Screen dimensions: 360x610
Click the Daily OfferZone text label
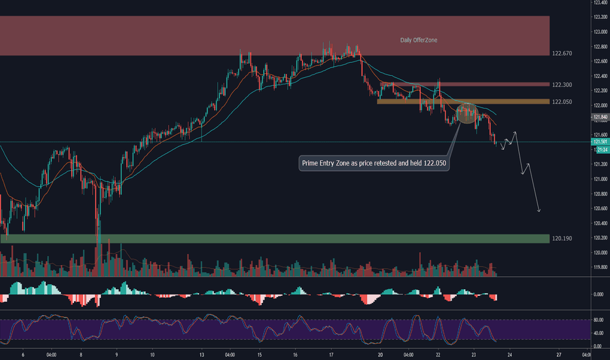[x=419, y=40]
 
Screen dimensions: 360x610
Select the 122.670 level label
[x=562, y=53]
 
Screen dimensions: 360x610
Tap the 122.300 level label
[x=562, y=85]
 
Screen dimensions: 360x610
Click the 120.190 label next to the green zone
[x=562, y=239]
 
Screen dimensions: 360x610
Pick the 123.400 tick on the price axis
[x=600, y=3]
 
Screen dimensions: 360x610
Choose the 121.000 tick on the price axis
[x=600, y=179]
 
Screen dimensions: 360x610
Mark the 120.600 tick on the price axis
[x=600, y=209]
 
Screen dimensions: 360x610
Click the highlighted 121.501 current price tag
[x=600, y=142]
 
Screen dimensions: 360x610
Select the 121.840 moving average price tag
[x=600, y=118]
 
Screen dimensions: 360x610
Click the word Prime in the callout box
[x=312, y=163]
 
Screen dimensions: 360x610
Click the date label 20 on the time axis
[x=380, y=355]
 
